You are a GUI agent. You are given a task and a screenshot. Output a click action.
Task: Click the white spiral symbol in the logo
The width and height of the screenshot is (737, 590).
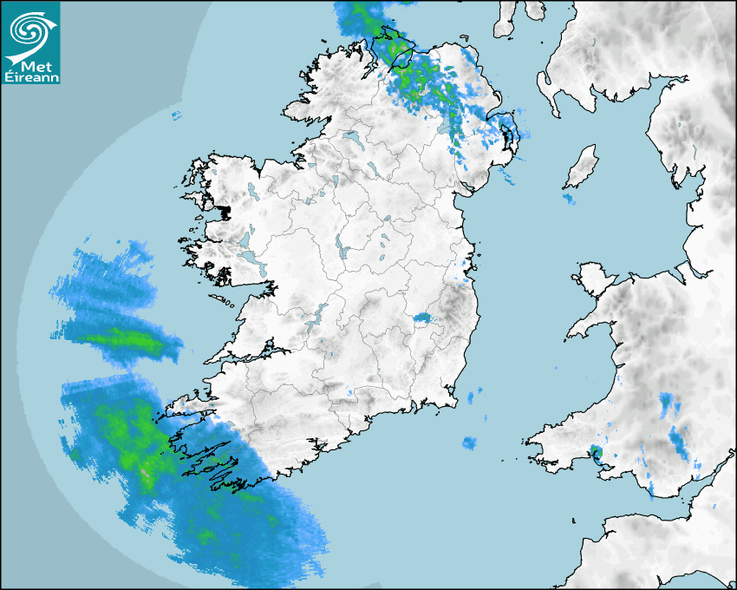click(29, 30)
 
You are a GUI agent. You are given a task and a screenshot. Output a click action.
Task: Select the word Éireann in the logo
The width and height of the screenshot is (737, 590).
click(31, 77)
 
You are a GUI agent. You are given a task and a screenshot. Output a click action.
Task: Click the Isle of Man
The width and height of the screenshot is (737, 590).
click(582, 167)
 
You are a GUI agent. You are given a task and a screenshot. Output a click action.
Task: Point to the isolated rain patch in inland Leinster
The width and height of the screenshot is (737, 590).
click(423, 318)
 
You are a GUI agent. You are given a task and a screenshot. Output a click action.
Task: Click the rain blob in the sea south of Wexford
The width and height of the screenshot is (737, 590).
click(469, 443)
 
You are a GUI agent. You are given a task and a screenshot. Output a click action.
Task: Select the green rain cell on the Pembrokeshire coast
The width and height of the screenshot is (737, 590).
click(595, 451)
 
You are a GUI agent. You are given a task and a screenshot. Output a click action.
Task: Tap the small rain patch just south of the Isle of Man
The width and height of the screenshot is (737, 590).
click(568, 200)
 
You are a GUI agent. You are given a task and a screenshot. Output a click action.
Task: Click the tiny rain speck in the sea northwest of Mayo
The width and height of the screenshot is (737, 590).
click(176, 115)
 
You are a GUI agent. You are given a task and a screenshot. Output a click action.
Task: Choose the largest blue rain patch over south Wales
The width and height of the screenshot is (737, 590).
click(679, 441)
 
